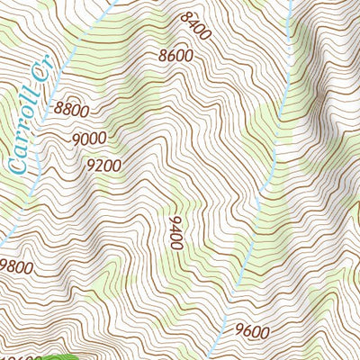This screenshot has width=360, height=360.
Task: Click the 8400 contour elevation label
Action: click(x=195, y=27)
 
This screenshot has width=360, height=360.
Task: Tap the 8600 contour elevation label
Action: click(x=175, y=55)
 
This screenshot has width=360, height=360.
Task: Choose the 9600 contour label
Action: click(x=252, y=330)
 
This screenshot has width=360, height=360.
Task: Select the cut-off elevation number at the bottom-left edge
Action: click(x=20, y=356)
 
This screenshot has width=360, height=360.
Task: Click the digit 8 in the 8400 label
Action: click(x=186, y=17)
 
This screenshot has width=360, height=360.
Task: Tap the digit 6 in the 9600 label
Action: click(x=247, y=330)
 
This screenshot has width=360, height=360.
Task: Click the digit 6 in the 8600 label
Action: click(x=171, y=55)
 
